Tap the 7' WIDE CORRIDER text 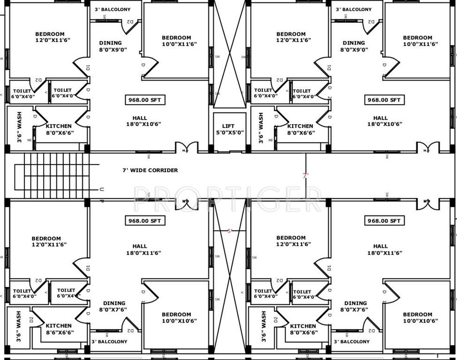tap(150, 170)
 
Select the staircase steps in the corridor tap(52, 176)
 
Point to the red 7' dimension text tap(306, 176)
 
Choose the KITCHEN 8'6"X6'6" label tap(59, 329)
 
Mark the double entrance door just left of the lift tap(187, 149)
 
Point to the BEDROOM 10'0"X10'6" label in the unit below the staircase tap(176, 317)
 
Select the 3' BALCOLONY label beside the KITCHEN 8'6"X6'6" tap(109, 342)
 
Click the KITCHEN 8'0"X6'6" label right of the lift tap(300, 129)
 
